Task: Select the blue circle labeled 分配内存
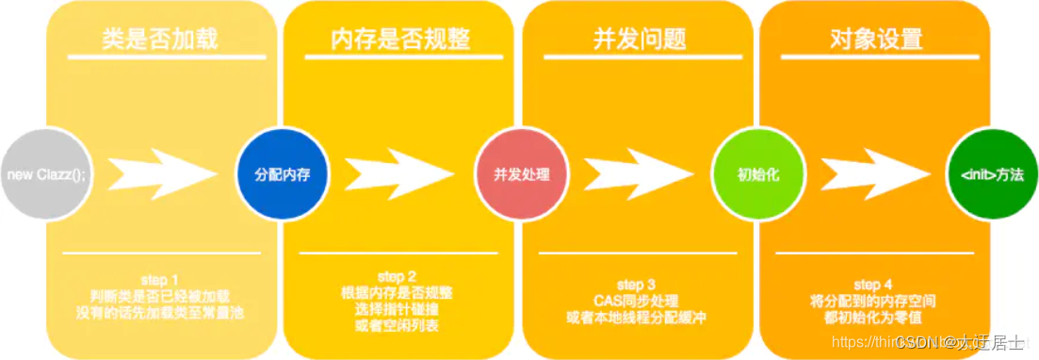[273, 175]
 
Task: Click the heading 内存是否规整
[399, 41]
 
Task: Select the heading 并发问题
[638, 41]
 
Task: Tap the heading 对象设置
[876, 41]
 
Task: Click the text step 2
[397, 276]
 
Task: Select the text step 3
[637, 284]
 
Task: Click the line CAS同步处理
[637, 301]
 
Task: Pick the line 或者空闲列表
[397, 326]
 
